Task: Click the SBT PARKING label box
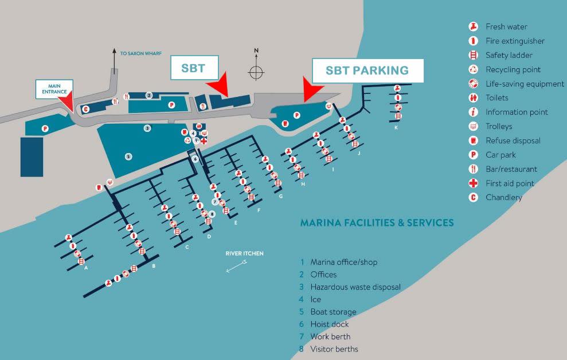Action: pyautogui.click(x=367, y=71)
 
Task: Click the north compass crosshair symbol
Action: pyautogui.click(x=256, y=72)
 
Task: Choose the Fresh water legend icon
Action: pyautogui.click(x=474, y=27)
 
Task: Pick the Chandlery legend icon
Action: pyautogui.click(x=474, y=198)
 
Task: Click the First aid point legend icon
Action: pyautogui.click(x=474, y=183)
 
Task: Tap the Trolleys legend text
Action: pyautogui.click(x=499, y=127)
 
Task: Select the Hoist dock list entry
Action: pyautogui.click(x=330, y=324)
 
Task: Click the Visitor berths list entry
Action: pyautogui.click(x=334, y=349)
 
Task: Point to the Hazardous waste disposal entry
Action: pyautogui.click(x=355, y=287)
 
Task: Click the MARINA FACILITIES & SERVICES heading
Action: pyautogui.click(x=377, y=222)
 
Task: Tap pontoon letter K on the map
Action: pyautogui.click(x=396, y=127)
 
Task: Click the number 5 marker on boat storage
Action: pyautogui.click(x=128, y=156)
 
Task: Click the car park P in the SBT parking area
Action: pyautogui.click(x=297, y=115)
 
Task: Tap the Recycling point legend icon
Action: pyautogui.click(x=474, y=69)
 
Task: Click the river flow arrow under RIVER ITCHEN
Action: pyautogui.click(x=237, y=266)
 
